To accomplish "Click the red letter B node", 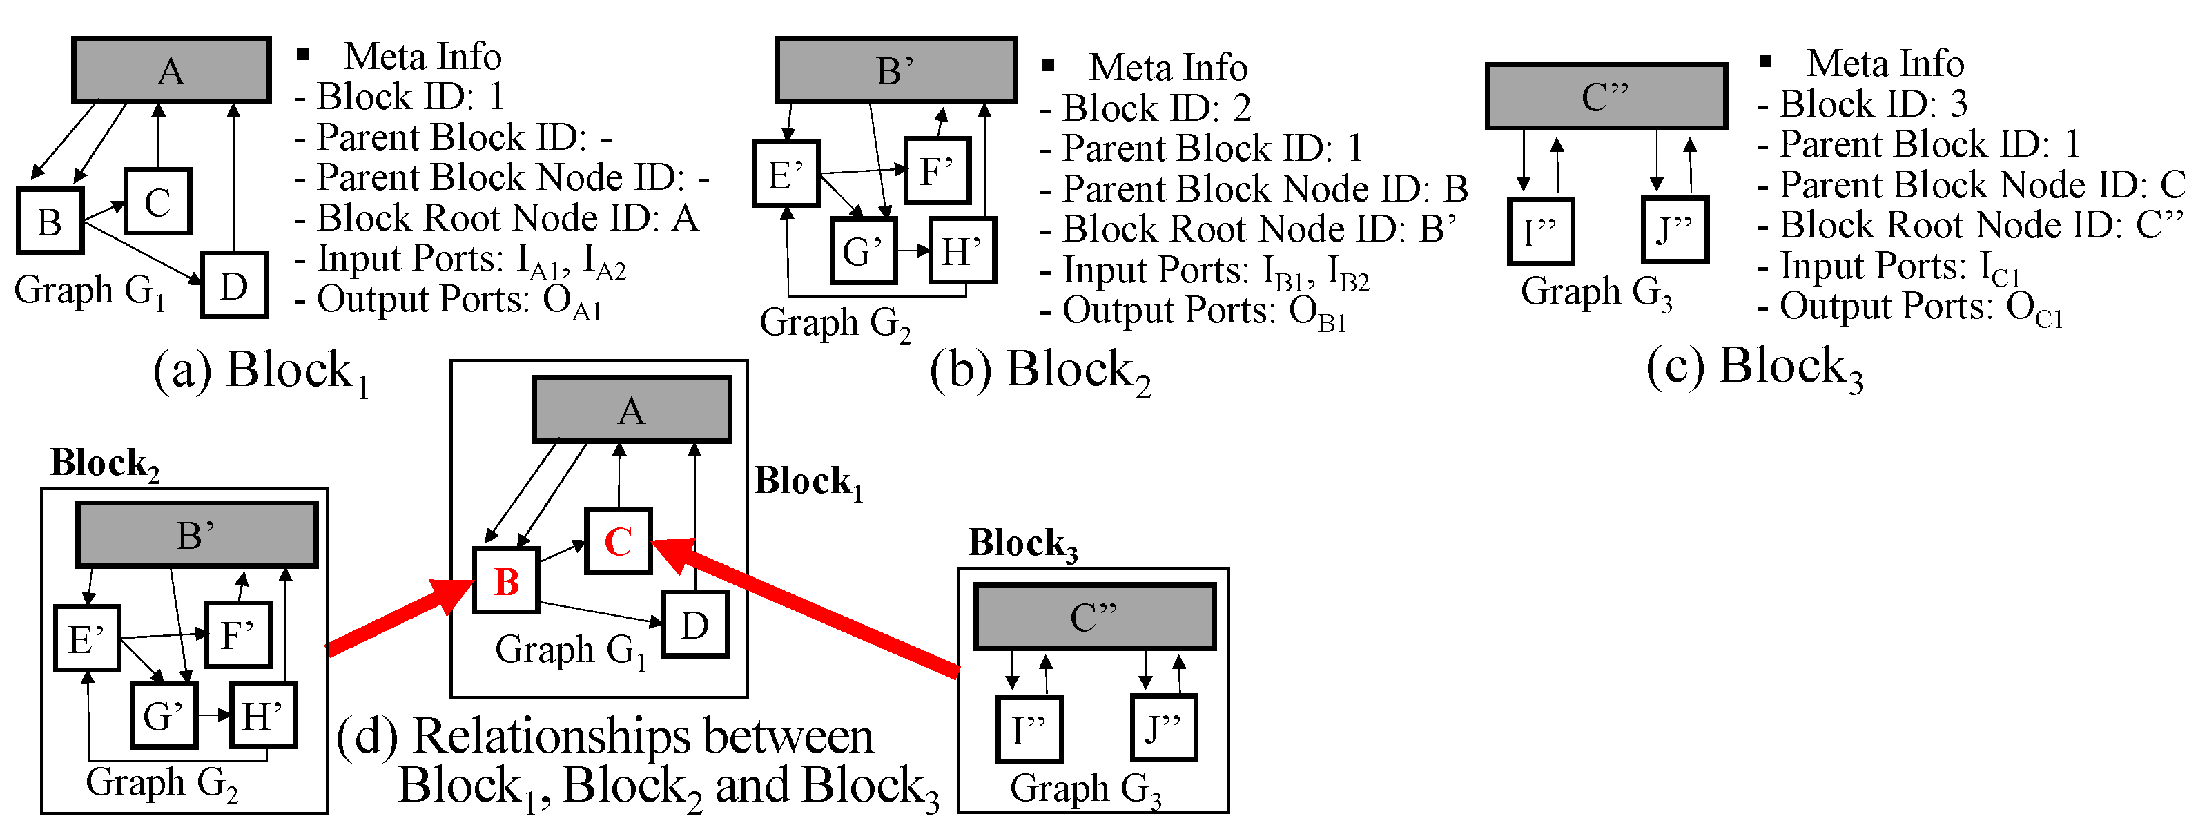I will pos(506,581).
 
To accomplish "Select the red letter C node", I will pos(619,541).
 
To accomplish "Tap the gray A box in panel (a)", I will pos(171,70).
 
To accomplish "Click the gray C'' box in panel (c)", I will pos(1606,96).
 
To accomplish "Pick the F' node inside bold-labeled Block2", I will pos(238,635).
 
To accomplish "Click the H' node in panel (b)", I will pos(962,251).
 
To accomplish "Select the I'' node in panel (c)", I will pos(1539,231).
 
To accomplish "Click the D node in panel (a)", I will pos(234,285).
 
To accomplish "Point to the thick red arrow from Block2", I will pos(398,618).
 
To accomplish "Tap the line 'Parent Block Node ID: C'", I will pos(1970,184).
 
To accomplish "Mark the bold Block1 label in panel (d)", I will pos(808,483).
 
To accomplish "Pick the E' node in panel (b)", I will pos(786,174).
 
